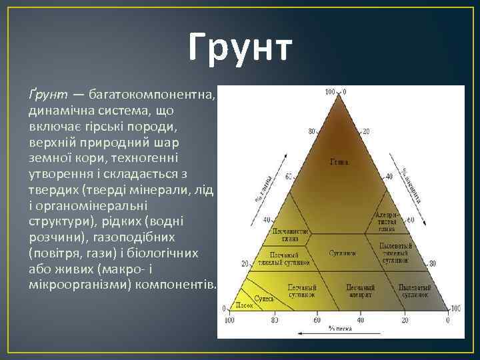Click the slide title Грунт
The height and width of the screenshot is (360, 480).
click(240, 50)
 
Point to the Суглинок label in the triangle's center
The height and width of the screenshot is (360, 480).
click(341, 254)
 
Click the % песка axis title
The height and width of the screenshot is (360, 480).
click(339, 329)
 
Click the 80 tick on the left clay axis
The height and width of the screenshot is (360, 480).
click(311, 131)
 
